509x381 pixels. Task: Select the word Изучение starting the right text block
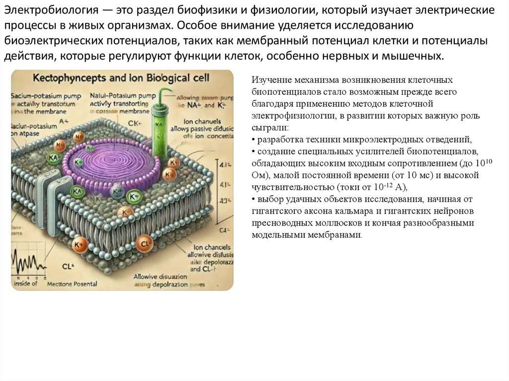pos(269,80)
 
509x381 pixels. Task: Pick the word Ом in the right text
pos(258,175)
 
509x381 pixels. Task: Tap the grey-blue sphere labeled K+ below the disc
pos(117,192)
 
